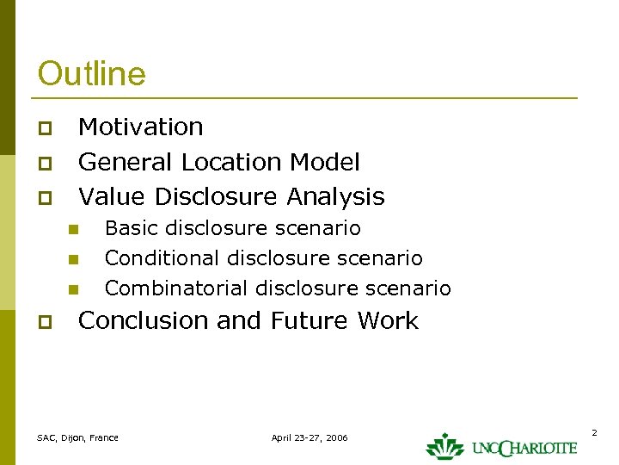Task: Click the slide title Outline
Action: [92, 73]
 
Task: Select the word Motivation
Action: [141, 127]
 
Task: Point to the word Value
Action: [107, 196]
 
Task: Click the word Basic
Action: [131, 228]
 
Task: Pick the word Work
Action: [387, 320]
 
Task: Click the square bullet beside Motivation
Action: [46, 129]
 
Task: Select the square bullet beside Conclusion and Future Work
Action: [46, 323]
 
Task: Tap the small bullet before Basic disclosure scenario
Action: [74, 230]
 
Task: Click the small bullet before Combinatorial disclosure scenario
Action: [74, 289]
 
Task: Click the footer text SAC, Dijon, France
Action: [77, 437]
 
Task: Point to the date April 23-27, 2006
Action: [309, 437]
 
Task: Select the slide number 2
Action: [593, 431]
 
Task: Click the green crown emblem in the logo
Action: [444, 445]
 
